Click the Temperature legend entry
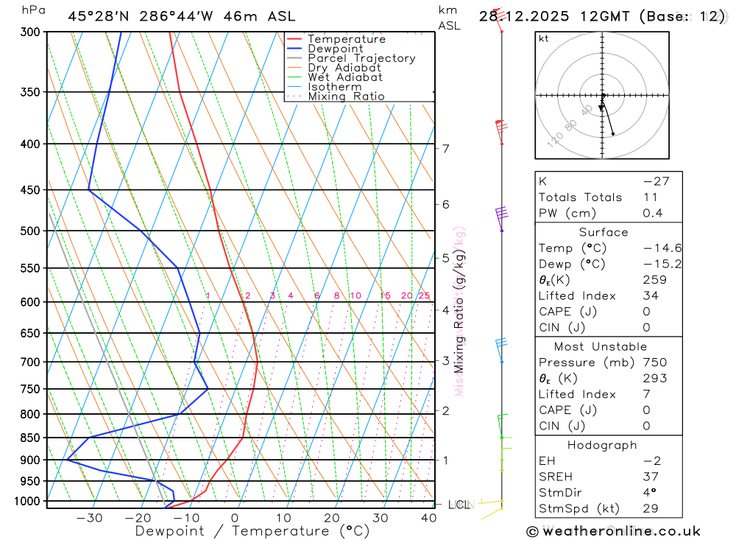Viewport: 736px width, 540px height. pos(346,39)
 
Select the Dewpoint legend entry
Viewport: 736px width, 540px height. pos(335,49)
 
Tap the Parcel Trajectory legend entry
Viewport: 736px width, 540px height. pos(361,58)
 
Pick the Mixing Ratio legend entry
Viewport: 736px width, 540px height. pos(346,97)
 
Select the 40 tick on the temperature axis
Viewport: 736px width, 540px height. pos(428,518)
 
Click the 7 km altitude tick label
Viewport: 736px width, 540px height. pos(445,149)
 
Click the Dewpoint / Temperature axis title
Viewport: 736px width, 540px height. pos(252,530)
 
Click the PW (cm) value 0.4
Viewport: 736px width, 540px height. pos(652,213)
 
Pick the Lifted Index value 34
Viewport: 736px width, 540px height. pos(651,295)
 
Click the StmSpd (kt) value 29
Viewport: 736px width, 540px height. pos(651,508)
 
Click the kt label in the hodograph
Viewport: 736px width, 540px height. pos(544,38)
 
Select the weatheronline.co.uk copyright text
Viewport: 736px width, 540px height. pos(613,531)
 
